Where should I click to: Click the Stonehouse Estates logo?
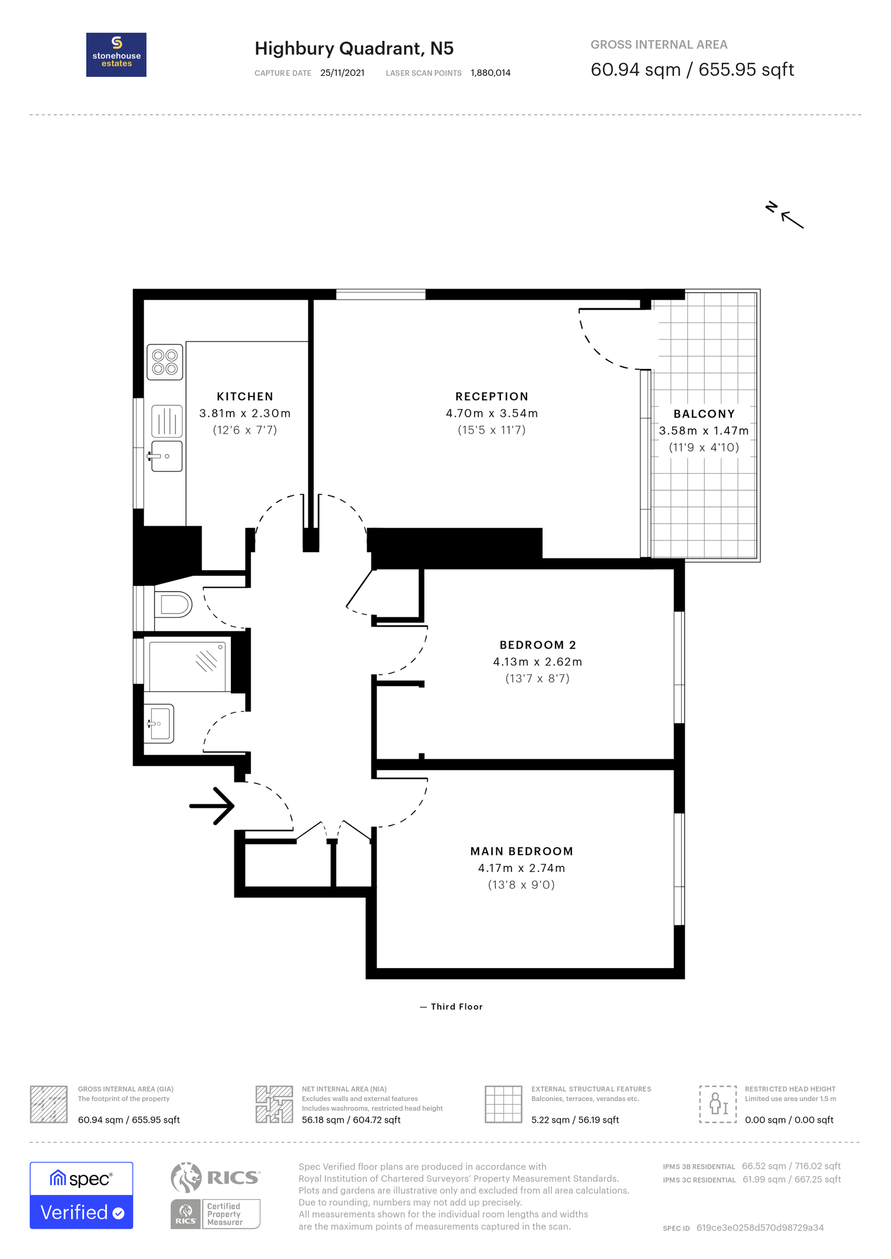click(116, 55)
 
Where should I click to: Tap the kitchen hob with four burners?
click(166, 362)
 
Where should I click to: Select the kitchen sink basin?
click(167, 456)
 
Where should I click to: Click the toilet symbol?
click(173, 604)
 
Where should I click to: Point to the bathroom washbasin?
click(159, 723)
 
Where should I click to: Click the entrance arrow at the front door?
click(212, 806)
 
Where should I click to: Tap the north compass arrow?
click(791, 220)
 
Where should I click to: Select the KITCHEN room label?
click(245, 396)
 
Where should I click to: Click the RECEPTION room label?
click(492, 396)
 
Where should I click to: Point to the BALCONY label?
click(704, 414)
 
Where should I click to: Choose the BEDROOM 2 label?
click(538, 645)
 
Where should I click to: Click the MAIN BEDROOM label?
click(521, 851)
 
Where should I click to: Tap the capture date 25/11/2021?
click(342, 73)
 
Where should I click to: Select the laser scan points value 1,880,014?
click(490, 73)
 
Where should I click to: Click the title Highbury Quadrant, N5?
click(354, 48)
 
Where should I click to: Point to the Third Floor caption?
click(457, 1007)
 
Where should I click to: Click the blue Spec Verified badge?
click(82, 1195)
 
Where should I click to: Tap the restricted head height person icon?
click(718, 1105)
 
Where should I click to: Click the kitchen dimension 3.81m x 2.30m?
click(245, 413)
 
